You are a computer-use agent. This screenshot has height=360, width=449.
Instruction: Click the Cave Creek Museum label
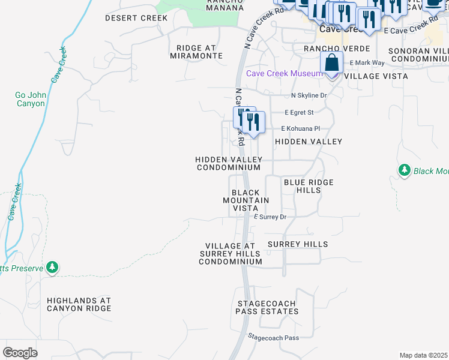pos(285,74)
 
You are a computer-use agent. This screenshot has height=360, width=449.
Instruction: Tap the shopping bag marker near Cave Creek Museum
pos(332,62)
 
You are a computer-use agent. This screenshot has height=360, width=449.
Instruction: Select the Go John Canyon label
pos(30,99)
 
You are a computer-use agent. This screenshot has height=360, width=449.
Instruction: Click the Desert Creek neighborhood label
pos(136,18)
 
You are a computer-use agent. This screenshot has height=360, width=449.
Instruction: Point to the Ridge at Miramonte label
pos(200,52)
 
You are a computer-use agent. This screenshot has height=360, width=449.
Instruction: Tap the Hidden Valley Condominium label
pos(229,163)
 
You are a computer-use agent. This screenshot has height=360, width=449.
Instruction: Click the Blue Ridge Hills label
pos(308,186)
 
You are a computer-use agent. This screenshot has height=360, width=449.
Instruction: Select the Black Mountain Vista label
pos(246,200)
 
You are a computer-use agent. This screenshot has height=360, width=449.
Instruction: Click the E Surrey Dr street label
pos(270,217)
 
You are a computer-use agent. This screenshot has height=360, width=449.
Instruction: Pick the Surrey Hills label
pos(298,244)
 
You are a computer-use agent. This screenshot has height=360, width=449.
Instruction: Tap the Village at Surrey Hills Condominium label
pos(231,254)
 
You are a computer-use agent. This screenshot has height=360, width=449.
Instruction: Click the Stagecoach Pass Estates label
pos(267,308)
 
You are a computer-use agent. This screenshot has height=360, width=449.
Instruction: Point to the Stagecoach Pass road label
pos(274,338)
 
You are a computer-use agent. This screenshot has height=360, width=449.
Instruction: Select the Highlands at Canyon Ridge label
pos(79,304)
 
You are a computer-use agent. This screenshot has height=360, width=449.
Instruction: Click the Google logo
pos(20,352)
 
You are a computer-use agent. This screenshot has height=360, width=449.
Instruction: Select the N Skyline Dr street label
pos(309,95)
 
